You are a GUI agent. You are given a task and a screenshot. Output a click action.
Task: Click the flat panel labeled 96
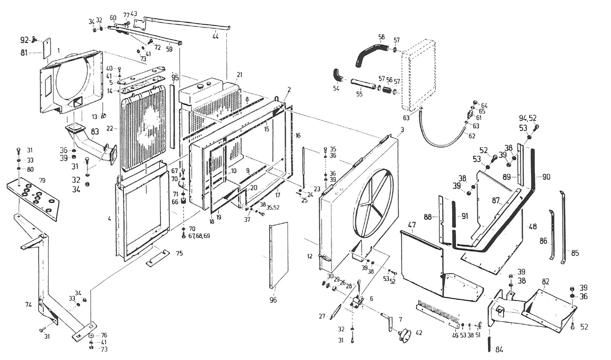[x=280, y=255]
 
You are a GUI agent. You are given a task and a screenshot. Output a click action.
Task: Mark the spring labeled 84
[x=489, y=344]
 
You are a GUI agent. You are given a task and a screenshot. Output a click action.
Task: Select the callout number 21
[x=240, y=75]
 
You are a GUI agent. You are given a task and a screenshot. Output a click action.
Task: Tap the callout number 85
[x=575, y=253]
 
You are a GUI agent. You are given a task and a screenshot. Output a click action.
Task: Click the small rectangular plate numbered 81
[x=47, y=50]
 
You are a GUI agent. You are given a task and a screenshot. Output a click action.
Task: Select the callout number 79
[x=42, y=180]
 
